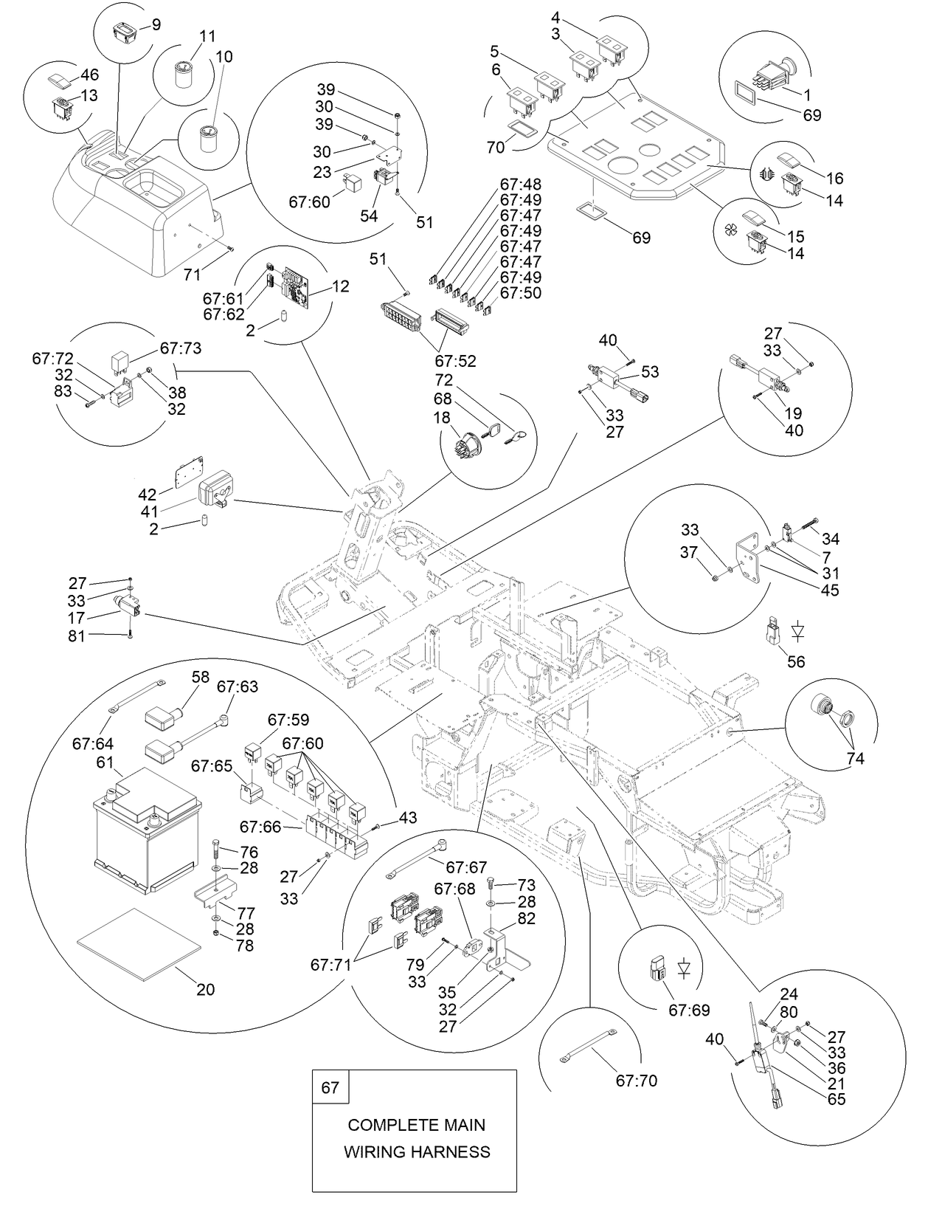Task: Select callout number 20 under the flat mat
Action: pyautogui.click(x=205, y=989)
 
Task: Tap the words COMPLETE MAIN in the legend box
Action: pyautogui.click(x=416, y=1125)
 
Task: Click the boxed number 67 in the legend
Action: pyautogui.click(x=330, y=1087)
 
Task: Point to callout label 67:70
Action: pyautogui.click(x=636, y=1081)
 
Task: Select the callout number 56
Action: pyautogui.click(x=796, y=661)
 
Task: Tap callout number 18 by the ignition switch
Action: pyautogui.click(x=442, y=418)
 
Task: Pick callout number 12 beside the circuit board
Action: pyautogui.click(x=341, y=286)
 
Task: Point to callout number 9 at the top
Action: pyautogui.click(x=156, y=24)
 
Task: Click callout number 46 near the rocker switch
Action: pyautogui.click(x=89, y=75)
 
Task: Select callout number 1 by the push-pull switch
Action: pyautogui.click(x=807, y=94)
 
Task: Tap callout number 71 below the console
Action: pyautogui.click(x=192, y=275)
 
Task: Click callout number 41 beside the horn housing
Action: pyautogui.click(x=148, y=511)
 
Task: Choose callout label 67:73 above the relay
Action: pyautogui.click(x=181, y=347)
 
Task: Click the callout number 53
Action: pyautogui.click(x=650, y=371)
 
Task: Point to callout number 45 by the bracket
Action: pyautogui.click(x=829, y=590)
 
